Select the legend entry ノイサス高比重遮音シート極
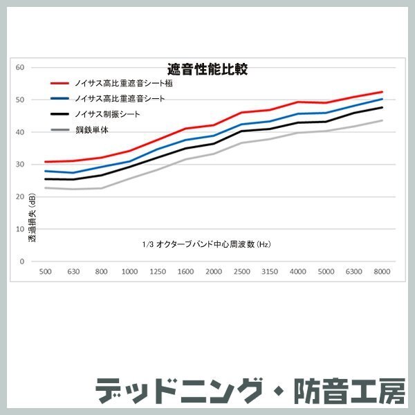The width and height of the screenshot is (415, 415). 124,83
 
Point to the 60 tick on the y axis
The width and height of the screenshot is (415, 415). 21,67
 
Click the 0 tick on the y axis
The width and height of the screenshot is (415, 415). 22,261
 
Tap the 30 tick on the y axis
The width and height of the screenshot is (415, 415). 21,164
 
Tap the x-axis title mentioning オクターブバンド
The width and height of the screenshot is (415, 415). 205,245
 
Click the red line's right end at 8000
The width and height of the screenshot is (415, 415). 382,92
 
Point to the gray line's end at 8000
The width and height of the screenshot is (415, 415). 382,120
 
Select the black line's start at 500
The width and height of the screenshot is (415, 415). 45,179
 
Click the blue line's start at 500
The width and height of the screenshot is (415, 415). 45,171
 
